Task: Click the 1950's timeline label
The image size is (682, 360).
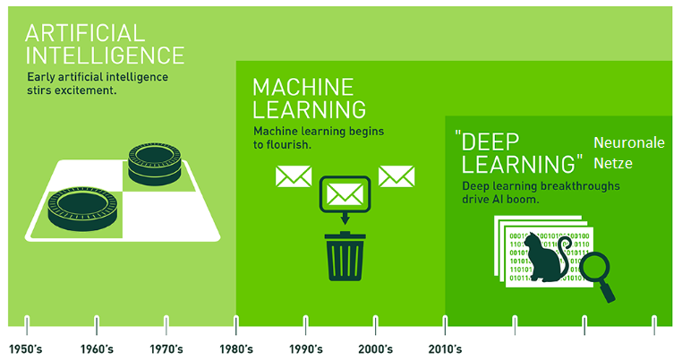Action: pyautogui.click(x=26, y=349)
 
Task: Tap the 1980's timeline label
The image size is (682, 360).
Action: pyautogui.click(x=236, y=349)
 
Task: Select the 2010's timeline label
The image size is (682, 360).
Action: pyautogui.click(x=445, y=349)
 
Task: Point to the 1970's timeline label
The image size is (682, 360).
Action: pyautogui.click(x=166, y=349)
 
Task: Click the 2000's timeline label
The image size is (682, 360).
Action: pyautogui.click(x=375, y=349)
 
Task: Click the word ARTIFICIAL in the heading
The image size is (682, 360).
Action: pyautogui.click(x=85, y=33)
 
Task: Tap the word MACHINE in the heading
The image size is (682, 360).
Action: pyautogui.click(x=303, y=87)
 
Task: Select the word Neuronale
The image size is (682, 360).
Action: pyautogui.click(x=629, y=142)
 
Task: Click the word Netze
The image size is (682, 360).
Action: pyautogui.click(x=613, y=163)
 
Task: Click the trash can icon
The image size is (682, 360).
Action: pyautogui.click(x=345, y=256)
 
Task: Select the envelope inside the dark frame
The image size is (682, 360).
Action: pyautogui.click(x=345, y=194)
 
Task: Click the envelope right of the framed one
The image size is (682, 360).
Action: pyautogui.click(x=396, y=176)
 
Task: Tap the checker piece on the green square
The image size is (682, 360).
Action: pyautogui.click(x=82, y=209)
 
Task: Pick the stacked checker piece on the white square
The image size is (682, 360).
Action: pyautogui.click(x=155, y=164)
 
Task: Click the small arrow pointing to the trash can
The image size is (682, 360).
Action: pyautogui.click(x=345, y=219)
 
